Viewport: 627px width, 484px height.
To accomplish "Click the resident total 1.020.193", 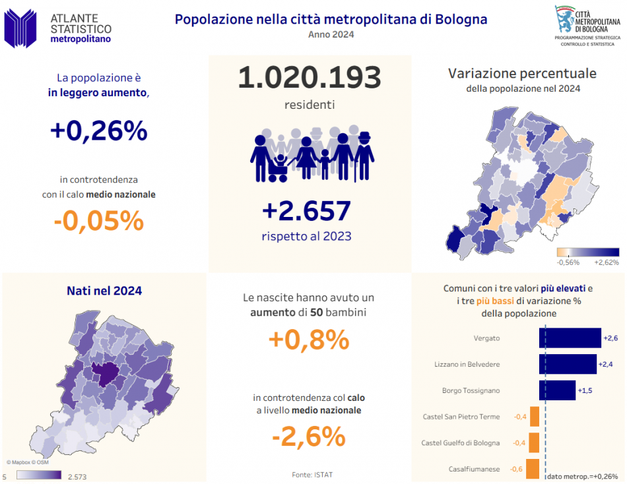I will click(x=310, y=78).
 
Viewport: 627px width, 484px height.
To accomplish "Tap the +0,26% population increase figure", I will click(x=98, y=131).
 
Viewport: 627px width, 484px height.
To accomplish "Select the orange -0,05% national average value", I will click(x=98, y=221).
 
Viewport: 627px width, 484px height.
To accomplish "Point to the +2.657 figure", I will click(x=306, y=211).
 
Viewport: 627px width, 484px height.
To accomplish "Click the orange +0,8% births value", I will click(x=309, y=340).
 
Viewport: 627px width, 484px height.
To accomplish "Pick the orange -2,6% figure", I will click(x=309, y=436).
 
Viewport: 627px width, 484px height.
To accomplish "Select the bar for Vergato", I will click(x=570, y=338).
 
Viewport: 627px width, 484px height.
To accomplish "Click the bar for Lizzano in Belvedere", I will click(x=568, y=364).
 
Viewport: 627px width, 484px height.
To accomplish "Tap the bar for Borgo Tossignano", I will click(x=557, y=390).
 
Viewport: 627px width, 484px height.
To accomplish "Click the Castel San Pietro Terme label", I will click(x=461, y=417).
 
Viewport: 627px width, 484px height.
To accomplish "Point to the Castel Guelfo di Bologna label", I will click(x=460, y=443).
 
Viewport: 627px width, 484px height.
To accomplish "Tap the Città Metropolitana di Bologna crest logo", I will click(x=565, y=20).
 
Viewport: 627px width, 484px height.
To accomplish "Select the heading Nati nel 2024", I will click(x=104, y=291).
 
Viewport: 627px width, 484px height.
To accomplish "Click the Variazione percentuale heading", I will click(x=522, y=73).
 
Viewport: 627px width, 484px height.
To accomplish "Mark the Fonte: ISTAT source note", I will click(x=309, y=474).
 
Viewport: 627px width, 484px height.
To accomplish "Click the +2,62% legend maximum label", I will click(x=607, y=262).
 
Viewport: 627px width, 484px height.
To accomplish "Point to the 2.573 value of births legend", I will click(x=77, y=476).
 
